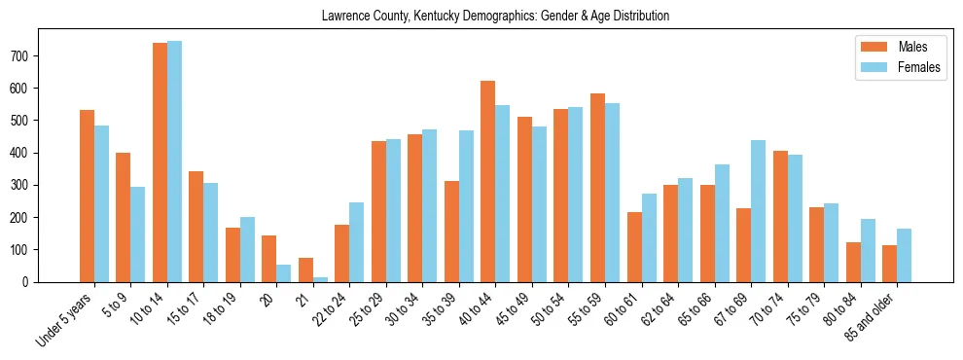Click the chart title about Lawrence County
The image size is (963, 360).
[495, 17]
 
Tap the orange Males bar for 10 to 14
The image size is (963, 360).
[160, 162]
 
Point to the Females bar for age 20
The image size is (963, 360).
[284, 273]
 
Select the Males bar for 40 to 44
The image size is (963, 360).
[488, 181]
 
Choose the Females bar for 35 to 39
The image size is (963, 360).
[466, 206]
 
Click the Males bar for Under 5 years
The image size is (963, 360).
[87, 196]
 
